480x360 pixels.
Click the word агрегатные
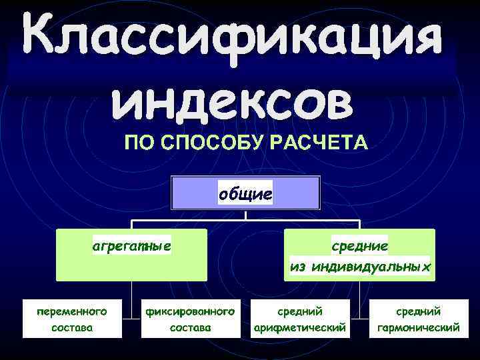[131, 246]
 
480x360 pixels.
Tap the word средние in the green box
[360, 246]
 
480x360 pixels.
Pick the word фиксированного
[191, 311]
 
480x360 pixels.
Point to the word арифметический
[300, 328]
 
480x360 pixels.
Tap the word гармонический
[418, 328]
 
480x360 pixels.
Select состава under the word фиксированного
[191, 328]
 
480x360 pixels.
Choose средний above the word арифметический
[300, 311]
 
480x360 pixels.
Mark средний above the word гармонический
[418, 311]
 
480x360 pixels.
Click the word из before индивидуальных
[297, 267]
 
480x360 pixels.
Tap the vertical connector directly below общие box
[246, 215]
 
